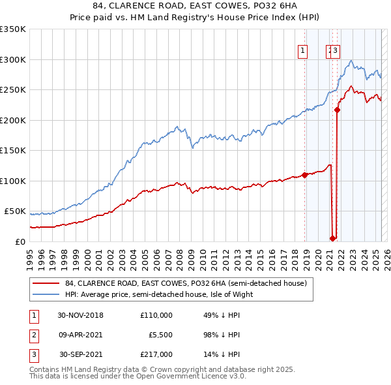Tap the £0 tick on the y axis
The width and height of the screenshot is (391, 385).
tap(20, 241)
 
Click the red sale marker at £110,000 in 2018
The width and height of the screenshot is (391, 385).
tap(304, 175)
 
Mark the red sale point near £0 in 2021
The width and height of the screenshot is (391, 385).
tap(332, 238)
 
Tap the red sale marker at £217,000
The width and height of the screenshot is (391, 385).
tap(338, 110)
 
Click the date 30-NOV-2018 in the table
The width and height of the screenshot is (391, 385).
tap(80, 315)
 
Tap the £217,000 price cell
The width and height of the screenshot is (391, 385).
tap(156, 354)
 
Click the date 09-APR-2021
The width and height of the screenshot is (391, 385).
tap(80, 335)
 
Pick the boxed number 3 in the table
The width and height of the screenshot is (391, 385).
tap(33, 354)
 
